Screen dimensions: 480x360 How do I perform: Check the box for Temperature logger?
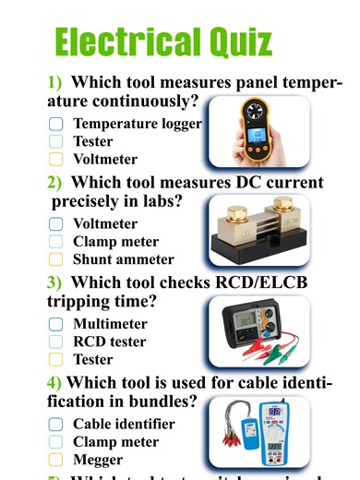[x=55, y=123]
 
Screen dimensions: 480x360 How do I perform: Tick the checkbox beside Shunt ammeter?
[x=55, y=259]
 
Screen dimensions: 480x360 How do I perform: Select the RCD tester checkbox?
[x=55, y=342]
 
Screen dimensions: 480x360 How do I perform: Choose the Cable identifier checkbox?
[x=55, y=424]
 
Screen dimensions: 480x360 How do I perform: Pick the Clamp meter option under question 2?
[x=115, y=242]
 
